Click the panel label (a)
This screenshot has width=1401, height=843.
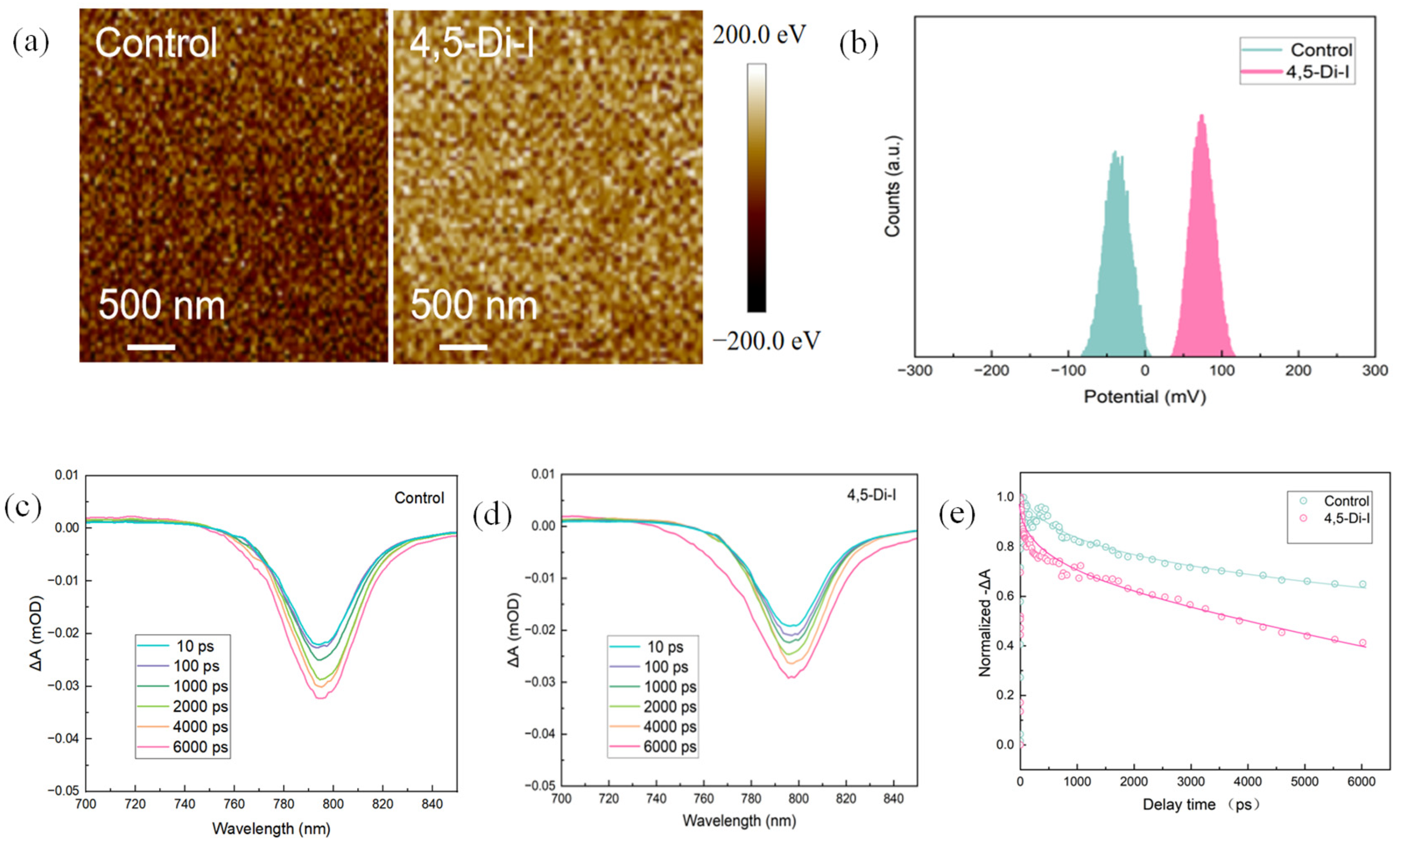(x=31, y=42)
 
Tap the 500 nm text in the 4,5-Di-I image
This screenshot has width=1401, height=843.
(x=474, y=305)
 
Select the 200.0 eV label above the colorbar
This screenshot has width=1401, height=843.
(x=760, y=35)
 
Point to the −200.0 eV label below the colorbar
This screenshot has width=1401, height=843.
(x=766, y=341)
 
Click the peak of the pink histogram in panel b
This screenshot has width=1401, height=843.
(x=1202, y=116)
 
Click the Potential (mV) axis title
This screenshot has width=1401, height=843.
(x=1145, y=397)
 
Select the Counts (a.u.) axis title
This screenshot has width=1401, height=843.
(x=893, y=186)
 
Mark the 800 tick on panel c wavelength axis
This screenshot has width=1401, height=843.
(x=332, y=804)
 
